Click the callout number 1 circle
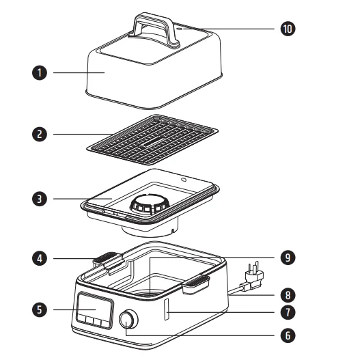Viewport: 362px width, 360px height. (x=40, y=72)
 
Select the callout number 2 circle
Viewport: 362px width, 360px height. (x=40, y=135)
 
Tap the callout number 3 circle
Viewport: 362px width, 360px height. (x=40, y=199)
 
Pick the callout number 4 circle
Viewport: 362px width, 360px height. (x=40, y=258)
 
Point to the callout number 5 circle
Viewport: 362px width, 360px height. (x=40, y=309)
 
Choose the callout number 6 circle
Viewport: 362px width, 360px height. (x=288, y=335)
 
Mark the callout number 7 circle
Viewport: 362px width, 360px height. (x=288, y=312)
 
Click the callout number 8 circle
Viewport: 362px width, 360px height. (x=288, y=295)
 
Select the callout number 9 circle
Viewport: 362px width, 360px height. (x=288, y=258)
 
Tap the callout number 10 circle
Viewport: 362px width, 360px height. (x=288, y=29)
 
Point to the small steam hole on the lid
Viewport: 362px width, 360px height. (x=180, y=29)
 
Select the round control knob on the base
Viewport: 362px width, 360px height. (x=128, y=320)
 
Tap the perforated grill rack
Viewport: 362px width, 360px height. (x=152, y=139)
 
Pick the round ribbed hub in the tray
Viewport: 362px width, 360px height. (x=150, y=204)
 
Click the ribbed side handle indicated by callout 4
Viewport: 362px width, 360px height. (x=108, y=260)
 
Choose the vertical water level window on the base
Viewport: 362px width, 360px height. (x=167, y=309)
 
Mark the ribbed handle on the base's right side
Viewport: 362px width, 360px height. (x=197, y=283)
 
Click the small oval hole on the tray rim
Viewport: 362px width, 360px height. (x=184, y=180)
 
